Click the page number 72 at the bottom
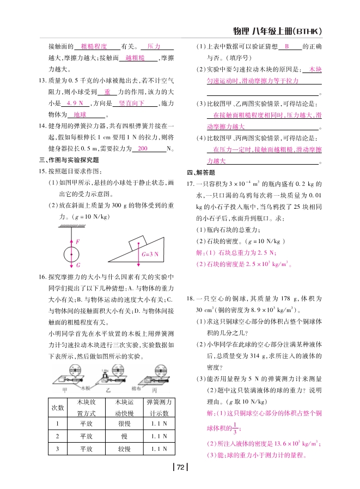180,466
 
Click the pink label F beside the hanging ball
77,240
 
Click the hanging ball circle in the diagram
71,255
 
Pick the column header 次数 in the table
57,407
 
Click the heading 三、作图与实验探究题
69,160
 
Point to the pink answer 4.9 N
74,103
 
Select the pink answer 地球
80,114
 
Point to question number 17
190,184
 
